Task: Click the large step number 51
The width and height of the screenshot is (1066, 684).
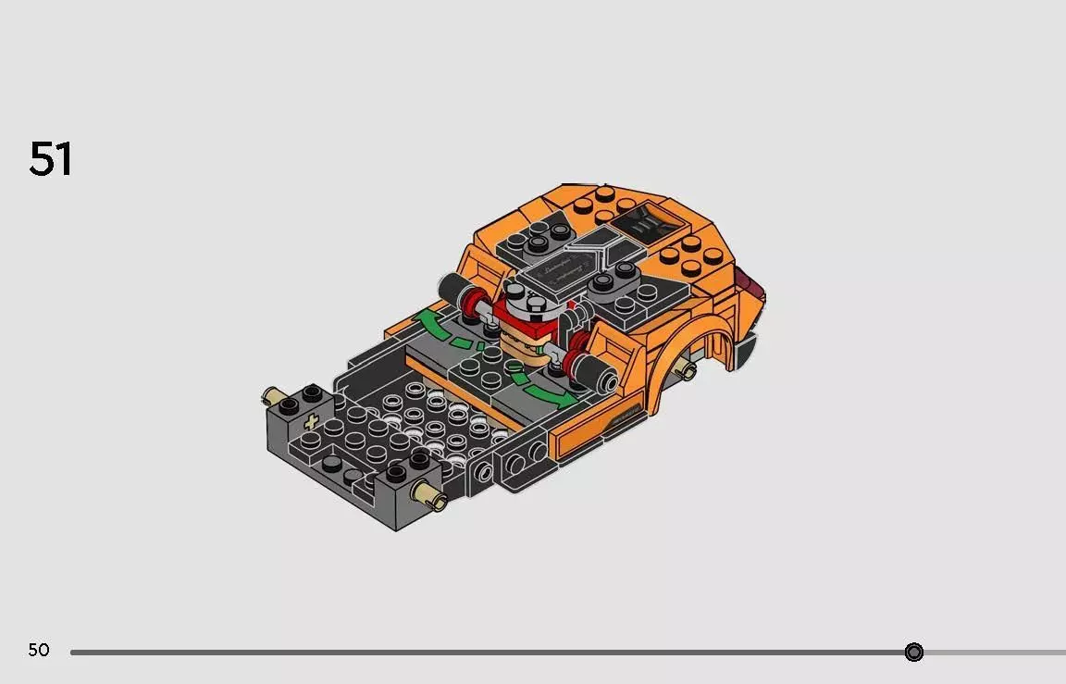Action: (x=51, y=159)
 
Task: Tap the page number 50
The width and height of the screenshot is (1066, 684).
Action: (x=39, y=651)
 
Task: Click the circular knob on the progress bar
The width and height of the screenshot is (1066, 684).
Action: (x=913, y=653)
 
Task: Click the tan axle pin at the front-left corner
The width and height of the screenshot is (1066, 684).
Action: (x=272, y=397)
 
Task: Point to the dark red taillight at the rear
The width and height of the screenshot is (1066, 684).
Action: (x=750, y=282)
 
